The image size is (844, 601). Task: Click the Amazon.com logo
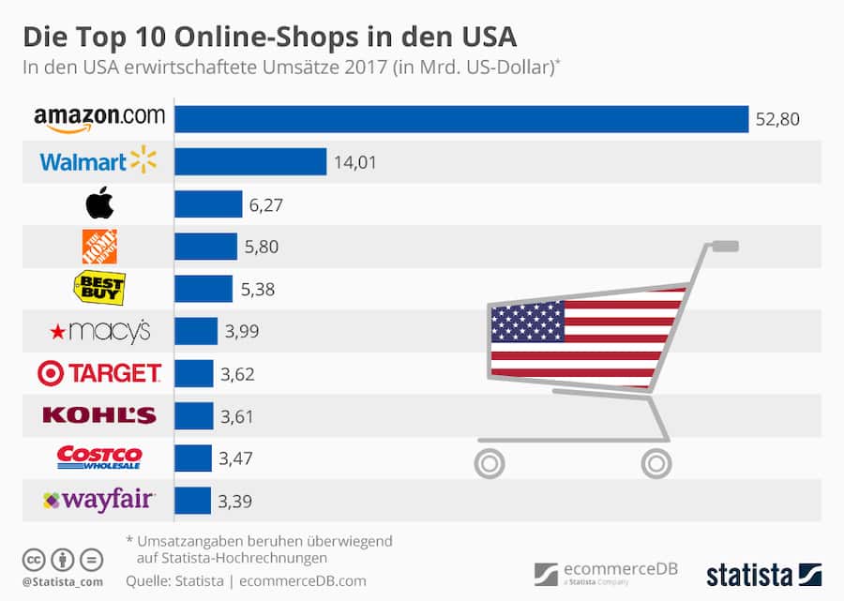pos(98,119)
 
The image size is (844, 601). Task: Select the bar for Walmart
pos(250,162)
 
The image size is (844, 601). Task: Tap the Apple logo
pos(98,203)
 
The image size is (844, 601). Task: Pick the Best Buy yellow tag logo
pos(98,288)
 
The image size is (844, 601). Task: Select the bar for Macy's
pos(196,331)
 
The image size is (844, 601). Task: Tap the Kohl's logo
pos(98,415)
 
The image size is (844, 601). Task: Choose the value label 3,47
pos(236,458)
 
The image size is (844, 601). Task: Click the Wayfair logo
pos(98,501)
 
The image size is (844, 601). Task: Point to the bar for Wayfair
pos(192,501)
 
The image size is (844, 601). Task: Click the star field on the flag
pos(528,322)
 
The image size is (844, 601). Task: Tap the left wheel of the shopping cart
pos(489,461)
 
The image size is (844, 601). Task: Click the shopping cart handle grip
pos(725,247)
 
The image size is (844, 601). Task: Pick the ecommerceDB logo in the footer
pos(606,573)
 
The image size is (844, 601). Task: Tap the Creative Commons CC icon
pos(34,560)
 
